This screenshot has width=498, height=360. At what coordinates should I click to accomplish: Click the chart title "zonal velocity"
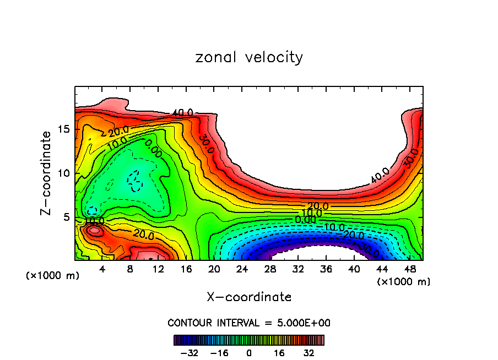(249, 57)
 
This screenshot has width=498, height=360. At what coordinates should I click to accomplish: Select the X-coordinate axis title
(249, 297)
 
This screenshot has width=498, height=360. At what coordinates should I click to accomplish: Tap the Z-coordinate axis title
(46, 173)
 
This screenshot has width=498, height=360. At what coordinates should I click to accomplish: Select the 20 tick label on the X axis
(214, 269)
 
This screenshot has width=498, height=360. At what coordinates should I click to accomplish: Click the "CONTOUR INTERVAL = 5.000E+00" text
(249, 323)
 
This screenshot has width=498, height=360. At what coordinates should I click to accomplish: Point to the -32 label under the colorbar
(190, 353)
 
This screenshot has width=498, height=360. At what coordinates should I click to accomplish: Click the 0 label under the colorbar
(249, 353)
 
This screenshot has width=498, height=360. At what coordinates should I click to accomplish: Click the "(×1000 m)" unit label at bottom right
(404, 282)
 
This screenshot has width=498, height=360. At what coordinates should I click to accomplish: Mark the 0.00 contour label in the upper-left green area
(153, 149)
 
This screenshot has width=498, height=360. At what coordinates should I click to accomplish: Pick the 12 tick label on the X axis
(158, 269)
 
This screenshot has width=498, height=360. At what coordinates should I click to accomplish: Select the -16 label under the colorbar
(219, 353)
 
